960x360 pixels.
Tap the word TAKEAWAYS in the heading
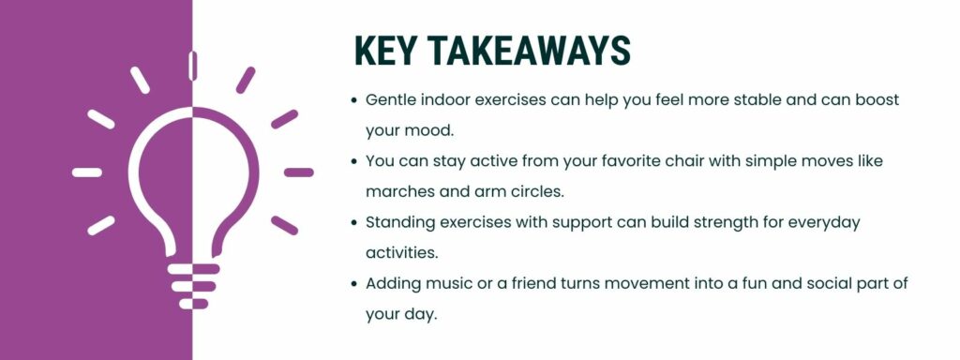524,52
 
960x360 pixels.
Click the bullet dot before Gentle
353,99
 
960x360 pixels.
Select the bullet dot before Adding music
353,282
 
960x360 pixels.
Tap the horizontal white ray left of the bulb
87,172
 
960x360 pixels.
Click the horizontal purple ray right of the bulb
298,172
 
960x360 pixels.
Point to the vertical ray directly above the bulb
192,66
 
